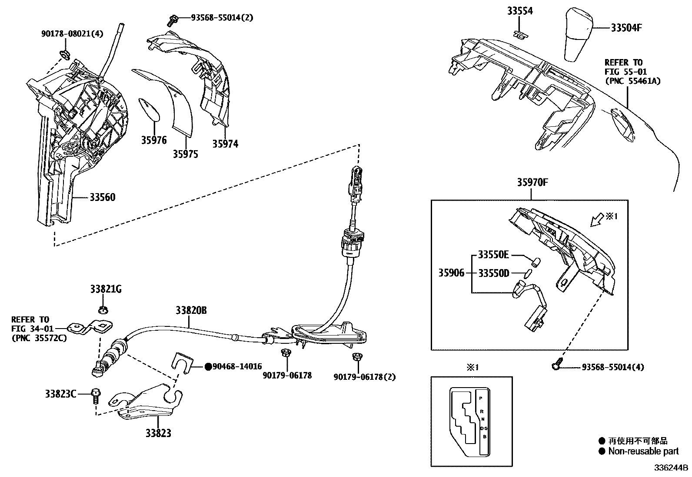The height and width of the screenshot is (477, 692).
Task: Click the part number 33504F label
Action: tap(626, 28)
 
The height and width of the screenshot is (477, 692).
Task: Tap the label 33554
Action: tap(519, 11)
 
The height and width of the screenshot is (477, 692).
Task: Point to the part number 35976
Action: tap(153, 140)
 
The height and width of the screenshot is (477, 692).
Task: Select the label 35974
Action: tap(225, 144)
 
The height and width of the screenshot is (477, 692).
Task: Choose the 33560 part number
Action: tap(103, 197)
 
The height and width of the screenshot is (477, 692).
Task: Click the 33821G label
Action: tap(106, 289)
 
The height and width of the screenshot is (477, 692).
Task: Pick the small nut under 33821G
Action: tap(103, 309)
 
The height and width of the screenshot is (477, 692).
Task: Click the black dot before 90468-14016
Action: tap(208, 367)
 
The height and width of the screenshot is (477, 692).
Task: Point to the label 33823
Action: tap(158, 433)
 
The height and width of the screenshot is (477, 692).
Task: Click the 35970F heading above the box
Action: tap(532, 183)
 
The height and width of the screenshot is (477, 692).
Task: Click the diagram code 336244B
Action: tap(672, 468)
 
